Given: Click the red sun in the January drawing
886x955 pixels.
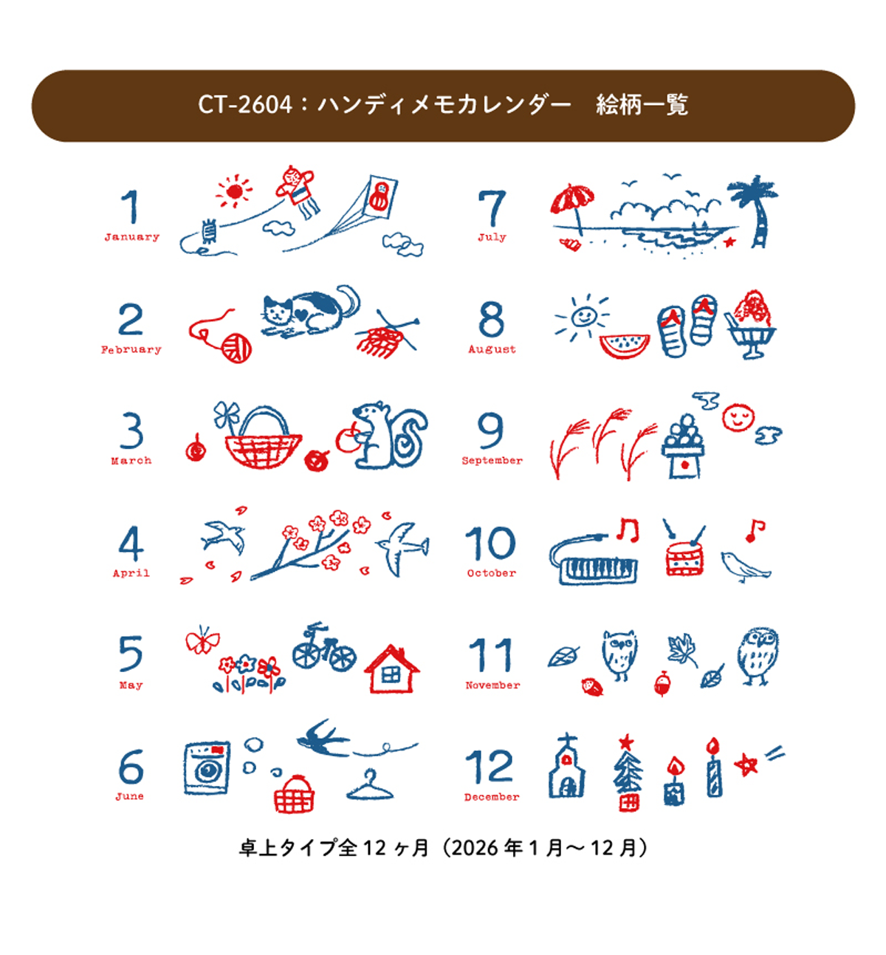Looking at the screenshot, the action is click(234, 191).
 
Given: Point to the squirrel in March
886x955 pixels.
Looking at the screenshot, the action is click(389, 435).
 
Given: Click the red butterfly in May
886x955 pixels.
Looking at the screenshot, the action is click(203, 640).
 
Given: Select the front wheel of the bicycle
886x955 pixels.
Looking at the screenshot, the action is click(343, 655).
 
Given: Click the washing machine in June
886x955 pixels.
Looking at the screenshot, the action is click(207, 768).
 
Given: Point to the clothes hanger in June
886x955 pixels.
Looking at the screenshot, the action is click(370, 786).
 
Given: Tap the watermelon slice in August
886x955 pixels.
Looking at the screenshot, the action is click(625, 345).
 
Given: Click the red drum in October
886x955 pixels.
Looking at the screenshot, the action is click(684, 560).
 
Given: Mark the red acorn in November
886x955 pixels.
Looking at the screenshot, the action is click(662, 684).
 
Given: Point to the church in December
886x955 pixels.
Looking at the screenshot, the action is click(567, 767).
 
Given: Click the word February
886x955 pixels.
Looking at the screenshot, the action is click(131, 350).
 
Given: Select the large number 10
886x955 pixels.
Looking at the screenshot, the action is click(490, 544).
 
